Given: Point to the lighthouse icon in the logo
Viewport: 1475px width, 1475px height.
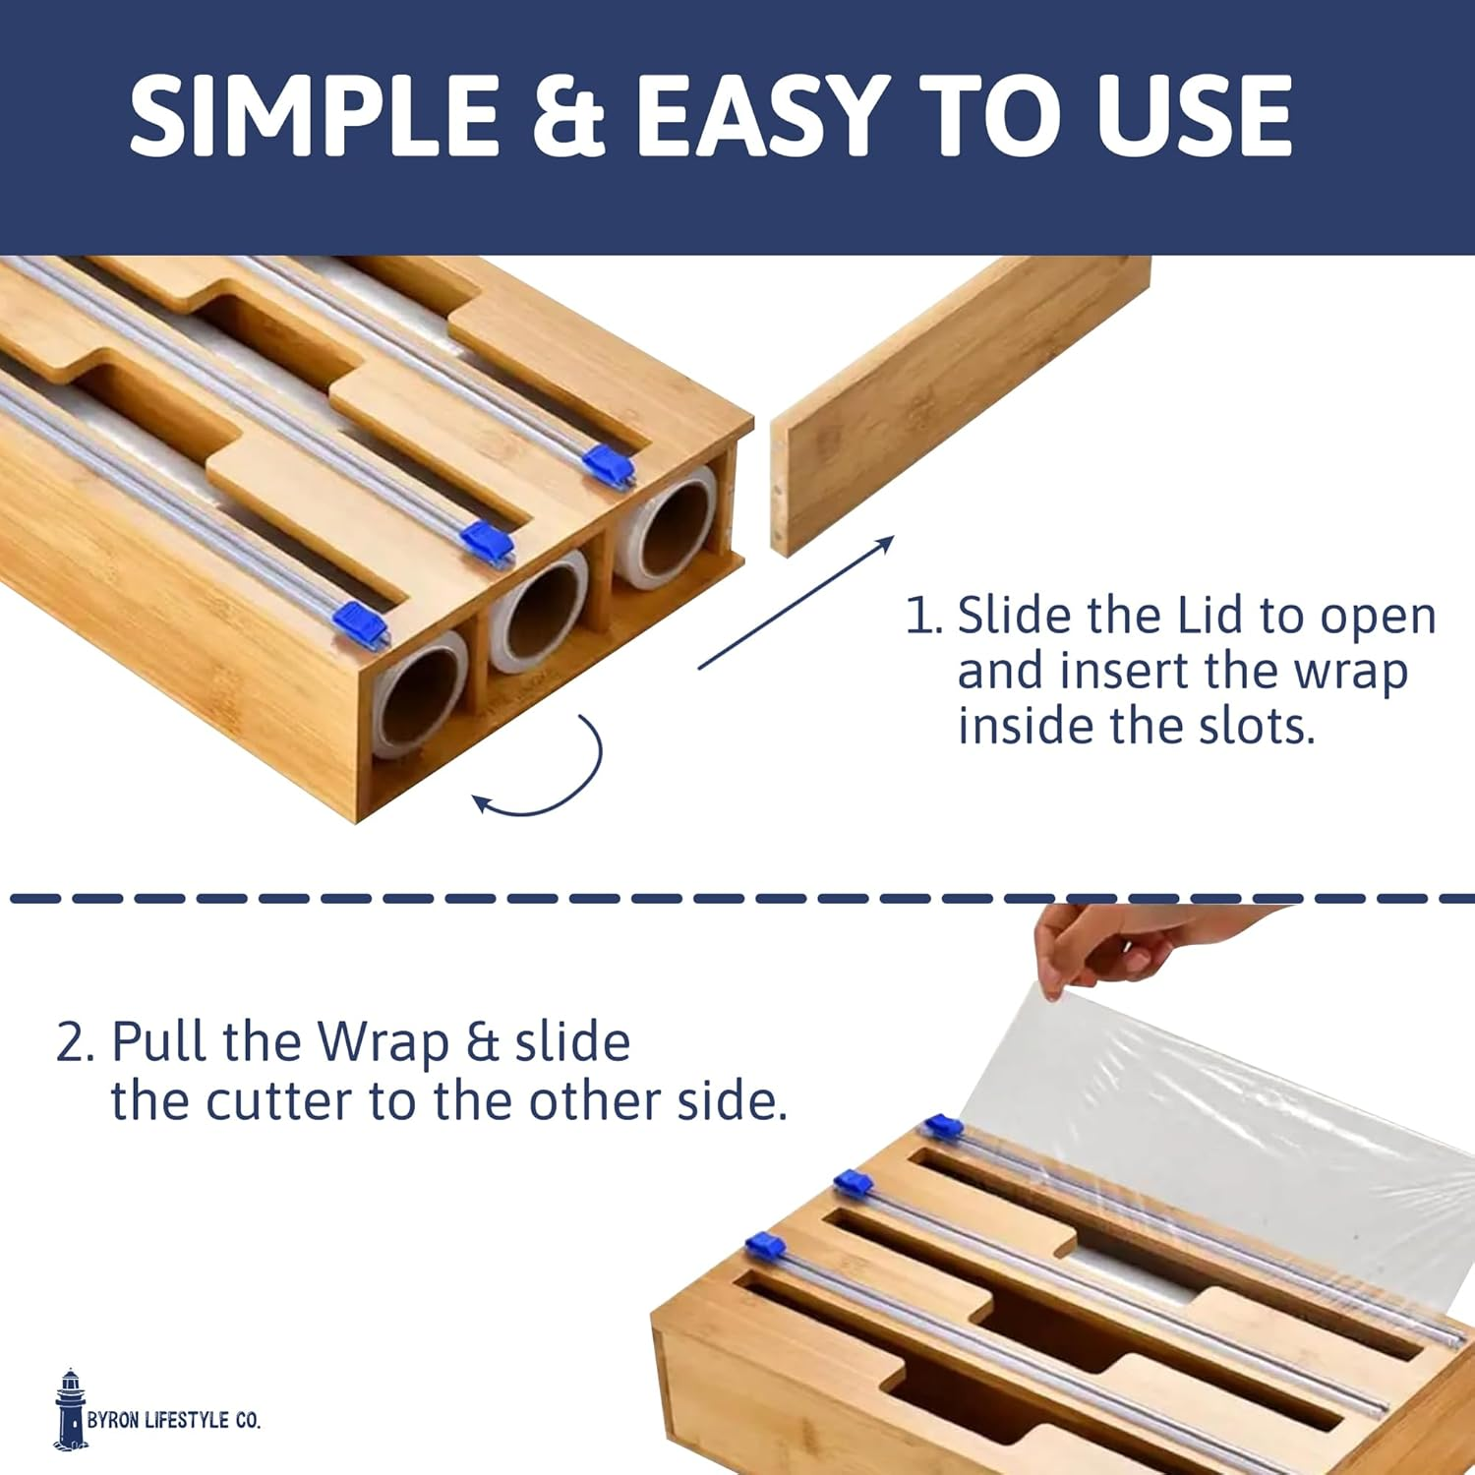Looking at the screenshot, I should pos(70,1409).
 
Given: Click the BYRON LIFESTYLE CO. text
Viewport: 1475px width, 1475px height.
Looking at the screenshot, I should pos(174,1420).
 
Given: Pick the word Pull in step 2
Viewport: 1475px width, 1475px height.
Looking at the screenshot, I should pos(160,1041).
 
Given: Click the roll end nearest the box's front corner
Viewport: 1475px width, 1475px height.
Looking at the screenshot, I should pos(420,693).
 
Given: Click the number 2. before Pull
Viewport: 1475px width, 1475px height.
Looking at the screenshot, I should pos(75,1043).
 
